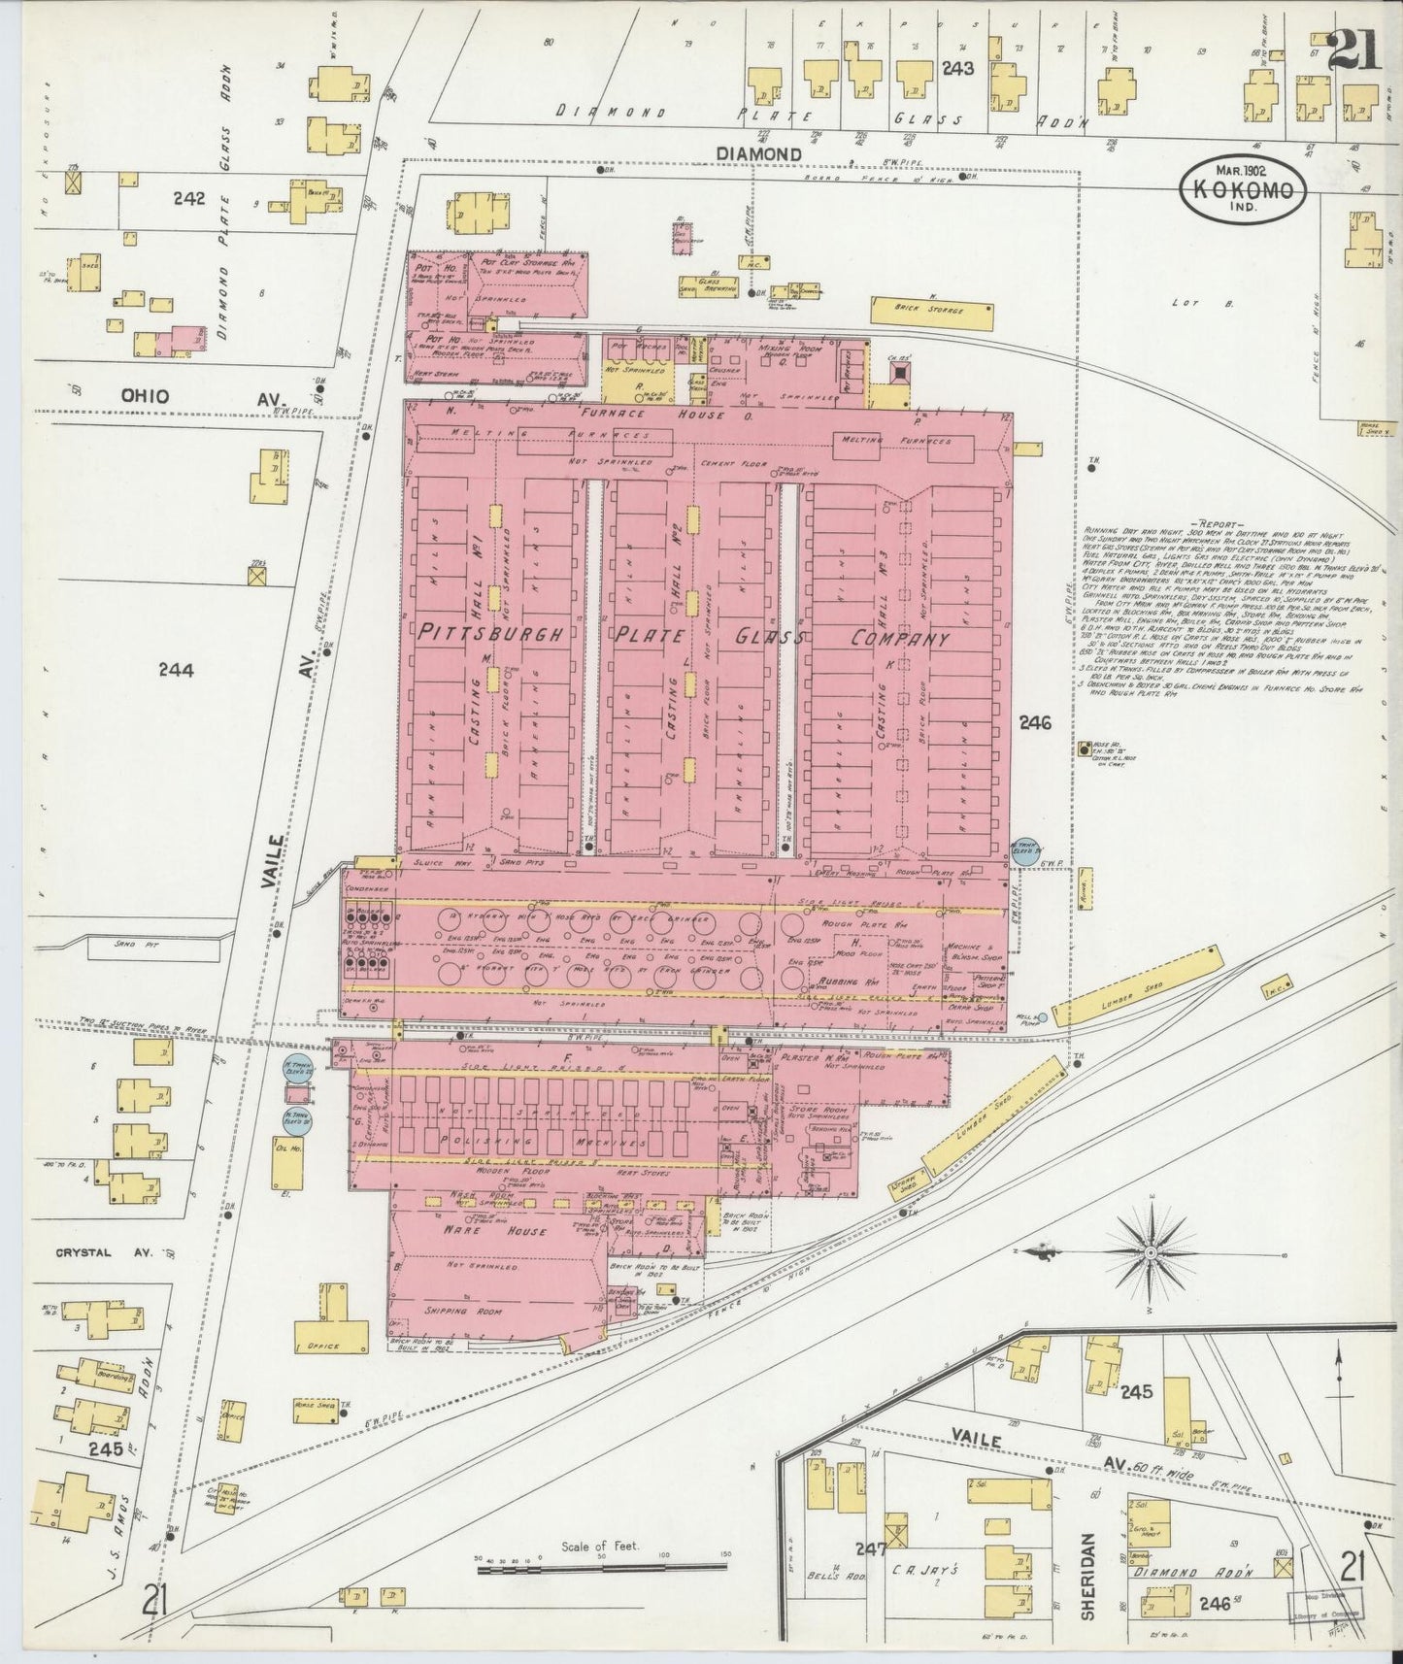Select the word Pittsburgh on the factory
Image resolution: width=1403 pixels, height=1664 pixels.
tap(491, 636)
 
